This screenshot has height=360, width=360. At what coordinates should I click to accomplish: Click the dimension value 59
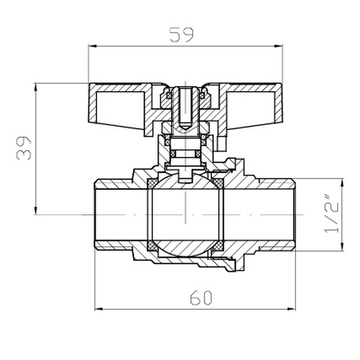tap(181, 35)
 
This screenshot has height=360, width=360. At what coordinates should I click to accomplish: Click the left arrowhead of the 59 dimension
tap(91, 45)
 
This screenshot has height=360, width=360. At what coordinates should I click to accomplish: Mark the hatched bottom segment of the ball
tap(185, 248)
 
